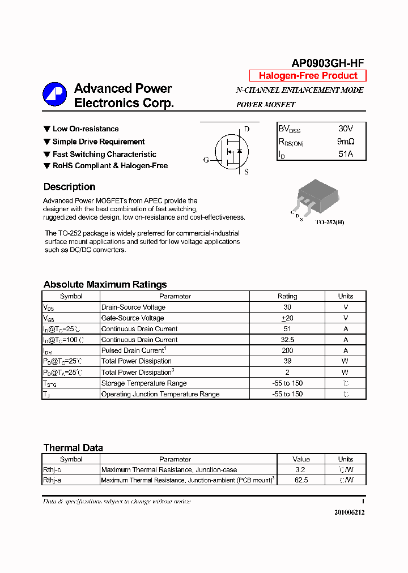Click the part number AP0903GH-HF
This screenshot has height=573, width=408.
click(x=328, y=63)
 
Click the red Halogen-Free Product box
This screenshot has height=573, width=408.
click(x=308, y=76)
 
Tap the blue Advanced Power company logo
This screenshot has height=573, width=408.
click(x=55, y=95)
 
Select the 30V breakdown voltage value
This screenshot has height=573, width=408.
click(x=345, y=129)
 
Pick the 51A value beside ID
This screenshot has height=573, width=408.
click(x=345, y=154)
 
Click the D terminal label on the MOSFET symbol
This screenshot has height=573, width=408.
click(x=246, y=129)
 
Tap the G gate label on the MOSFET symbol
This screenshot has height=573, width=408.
click(x=206, y=160)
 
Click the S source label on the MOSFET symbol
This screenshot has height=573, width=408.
click(x=246, y=172)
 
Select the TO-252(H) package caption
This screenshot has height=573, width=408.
click(x=329, y=223)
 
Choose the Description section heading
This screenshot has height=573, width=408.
click(x=69, y=187)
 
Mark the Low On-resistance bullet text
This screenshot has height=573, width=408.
click(x=86, y=129)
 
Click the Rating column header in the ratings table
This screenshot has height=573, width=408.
click(x=287, y=296)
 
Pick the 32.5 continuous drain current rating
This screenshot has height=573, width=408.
click(x=287, y=340)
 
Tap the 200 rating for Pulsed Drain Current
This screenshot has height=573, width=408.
click(x=287, y=350)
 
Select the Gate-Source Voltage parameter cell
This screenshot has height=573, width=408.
click(x=133, y=318)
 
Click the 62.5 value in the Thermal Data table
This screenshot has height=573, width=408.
click(x=301, y=480)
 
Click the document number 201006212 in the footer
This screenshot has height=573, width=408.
click(x=349, y=512)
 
